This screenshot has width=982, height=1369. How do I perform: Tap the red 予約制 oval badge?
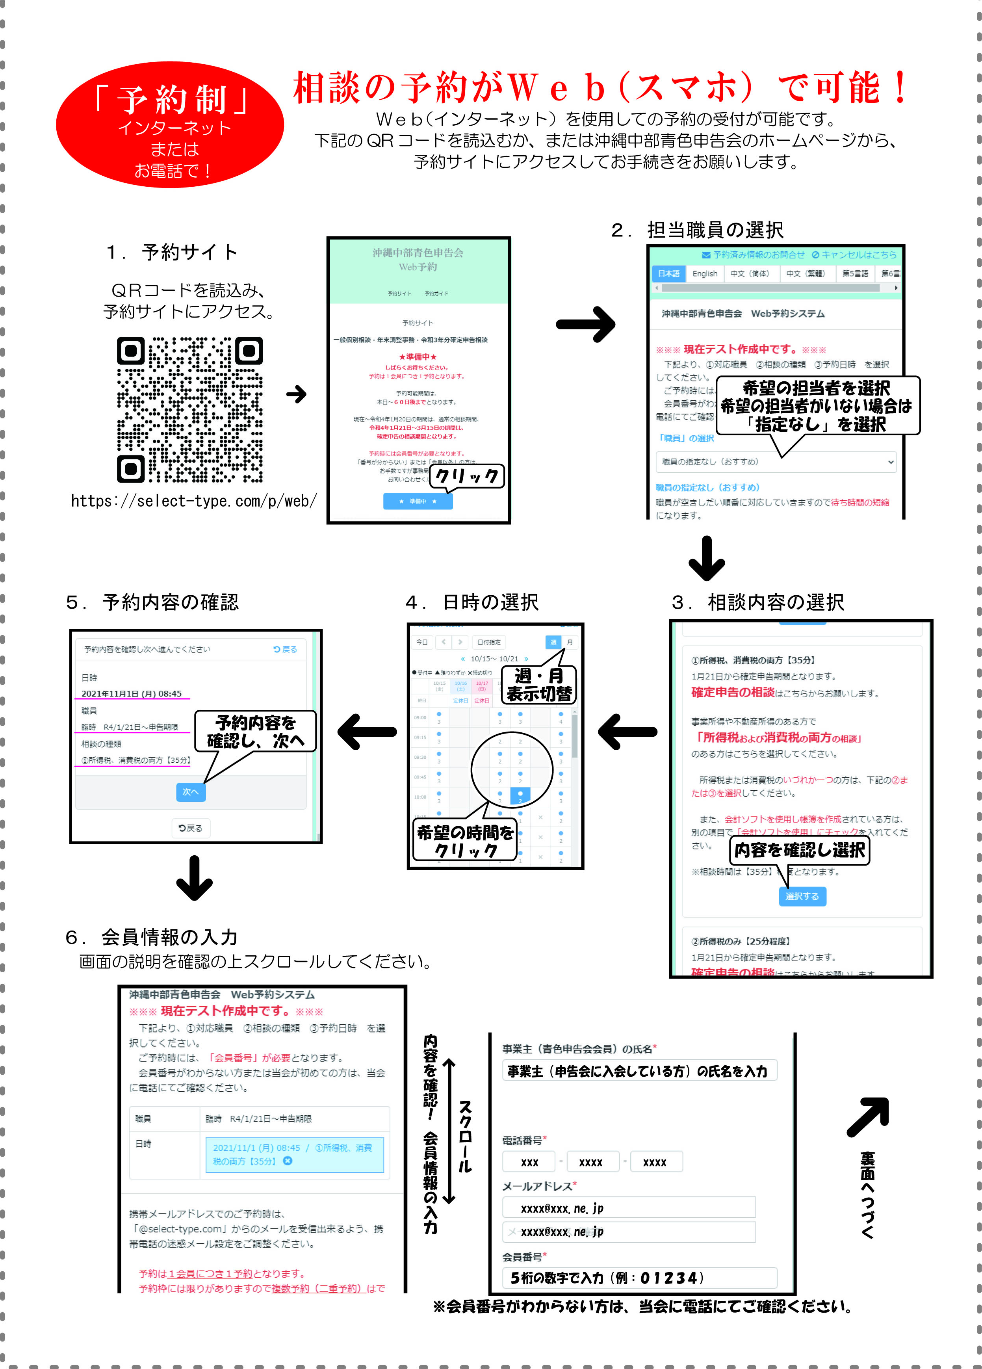coord(170,124)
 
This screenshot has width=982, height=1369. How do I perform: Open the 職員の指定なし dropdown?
coord(776,462)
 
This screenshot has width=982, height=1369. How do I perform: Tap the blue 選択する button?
coord(802,896)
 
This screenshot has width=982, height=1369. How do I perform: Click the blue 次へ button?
coord(191,791)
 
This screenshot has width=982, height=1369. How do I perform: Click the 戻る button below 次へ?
coord(191,828)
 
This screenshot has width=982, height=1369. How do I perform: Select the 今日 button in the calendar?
coord(422,642)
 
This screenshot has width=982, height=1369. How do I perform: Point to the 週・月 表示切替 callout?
coord(539,685)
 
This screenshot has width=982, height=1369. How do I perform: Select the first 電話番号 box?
coord(529,1162)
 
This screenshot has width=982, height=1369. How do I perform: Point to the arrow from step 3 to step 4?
coord(628,732)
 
